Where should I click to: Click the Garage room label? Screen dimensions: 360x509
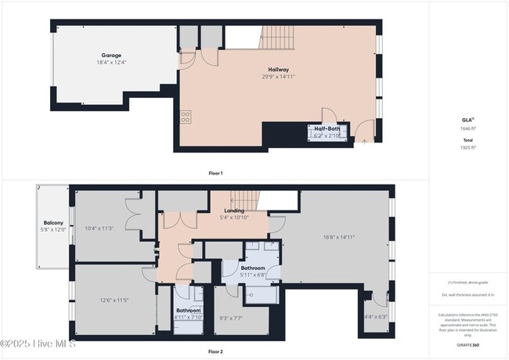point(111,56)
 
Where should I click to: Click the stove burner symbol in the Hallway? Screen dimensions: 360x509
point(186,117)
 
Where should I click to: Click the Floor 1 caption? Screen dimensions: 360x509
point(215,172)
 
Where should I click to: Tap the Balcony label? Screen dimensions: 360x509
point(53,222)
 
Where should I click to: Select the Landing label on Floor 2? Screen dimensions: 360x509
point(234,211)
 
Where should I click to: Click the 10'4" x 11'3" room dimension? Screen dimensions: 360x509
point(99,229)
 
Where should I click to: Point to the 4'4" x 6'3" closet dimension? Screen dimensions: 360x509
point(376,317)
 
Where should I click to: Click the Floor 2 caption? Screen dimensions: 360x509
point(215,352)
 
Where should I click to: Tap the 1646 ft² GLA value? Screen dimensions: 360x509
point(467,128)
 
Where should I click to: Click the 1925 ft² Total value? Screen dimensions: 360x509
point(467,147)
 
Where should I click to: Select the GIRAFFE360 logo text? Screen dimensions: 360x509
point(467,344)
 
